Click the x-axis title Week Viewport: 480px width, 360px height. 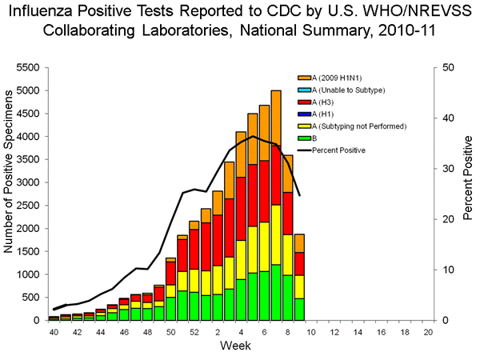click(237, 346)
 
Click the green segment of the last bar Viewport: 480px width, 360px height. click(299, 309)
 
